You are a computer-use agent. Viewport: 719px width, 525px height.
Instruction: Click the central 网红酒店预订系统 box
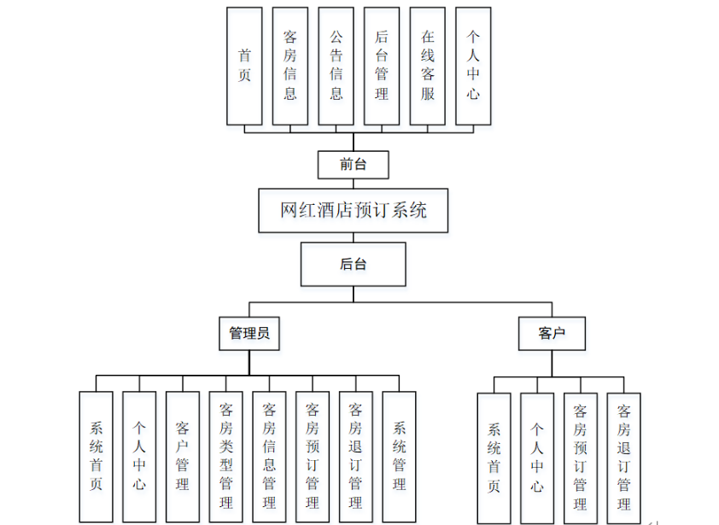click(x=354, y=210)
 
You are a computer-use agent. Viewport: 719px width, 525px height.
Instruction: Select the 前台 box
click(x=353, y=165)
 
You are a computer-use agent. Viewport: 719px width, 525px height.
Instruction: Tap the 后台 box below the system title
click(x=353, y=264)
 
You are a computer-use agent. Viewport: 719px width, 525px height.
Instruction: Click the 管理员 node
click(x=248, y=334)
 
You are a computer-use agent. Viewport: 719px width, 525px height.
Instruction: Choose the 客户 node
click(x=552, y=334)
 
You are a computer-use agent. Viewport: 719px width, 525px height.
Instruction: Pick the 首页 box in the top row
click(x=244, y=66)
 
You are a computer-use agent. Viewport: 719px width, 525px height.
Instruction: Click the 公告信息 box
click(x=336, y=66)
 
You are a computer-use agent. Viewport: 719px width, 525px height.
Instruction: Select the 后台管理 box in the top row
click(x=382, y=66)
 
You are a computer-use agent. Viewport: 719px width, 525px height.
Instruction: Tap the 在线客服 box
click(x=428, y=66)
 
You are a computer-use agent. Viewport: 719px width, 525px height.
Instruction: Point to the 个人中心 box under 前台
click(x=473, y=66)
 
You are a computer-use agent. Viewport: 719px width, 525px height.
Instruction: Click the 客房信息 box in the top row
click(x=290, y=66)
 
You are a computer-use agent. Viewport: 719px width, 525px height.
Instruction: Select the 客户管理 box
click(x=183, y=457)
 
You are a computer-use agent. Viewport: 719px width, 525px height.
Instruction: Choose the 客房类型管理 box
click(x=226, y=457)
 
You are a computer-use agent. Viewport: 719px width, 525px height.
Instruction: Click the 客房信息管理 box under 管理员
click(x=270, y=457)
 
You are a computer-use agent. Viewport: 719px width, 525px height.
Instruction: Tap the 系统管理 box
click(x=399, y=457)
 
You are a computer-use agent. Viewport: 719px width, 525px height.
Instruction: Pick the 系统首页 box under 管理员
click(x=96, y=457)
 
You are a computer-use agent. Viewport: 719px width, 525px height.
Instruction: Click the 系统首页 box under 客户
click(x=494, y=458)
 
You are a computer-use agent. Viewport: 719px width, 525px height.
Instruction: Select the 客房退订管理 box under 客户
click(x=624, y=458)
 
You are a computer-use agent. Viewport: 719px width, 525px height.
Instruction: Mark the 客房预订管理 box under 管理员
click(x=313, y=457)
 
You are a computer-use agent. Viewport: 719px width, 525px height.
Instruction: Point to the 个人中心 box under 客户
click(x=537, y=458)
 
